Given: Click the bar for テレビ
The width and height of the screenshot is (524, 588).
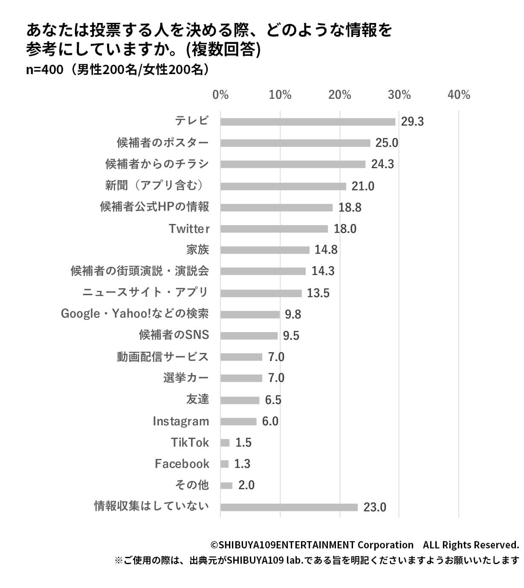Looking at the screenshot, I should pos(308,122).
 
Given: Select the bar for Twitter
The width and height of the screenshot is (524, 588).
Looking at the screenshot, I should pos(274,229).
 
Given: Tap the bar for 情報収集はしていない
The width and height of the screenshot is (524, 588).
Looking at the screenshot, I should pos(289,507).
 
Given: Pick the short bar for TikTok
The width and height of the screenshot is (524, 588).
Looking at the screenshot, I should pos(225,443).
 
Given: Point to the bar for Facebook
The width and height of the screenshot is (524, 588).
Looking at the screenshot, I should pos(225,464).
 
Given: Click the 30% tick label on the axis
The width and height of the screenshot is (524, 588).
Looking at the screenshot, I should pos(399,95).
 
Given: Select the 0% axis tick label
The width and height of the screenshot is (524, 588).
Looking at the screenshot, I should pos(220,95).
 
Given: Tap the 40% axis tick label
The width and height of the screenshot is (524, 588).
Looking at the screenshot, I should pos(459,95).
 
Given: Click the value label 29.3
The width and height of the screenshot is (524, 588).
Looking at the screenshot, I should pos(412,122).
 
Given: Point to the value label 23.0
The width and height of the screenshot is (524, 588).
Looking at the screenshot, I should pos(375,507).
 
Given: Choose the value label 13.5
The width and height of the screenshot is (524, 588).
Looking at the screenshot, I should pos(318,293).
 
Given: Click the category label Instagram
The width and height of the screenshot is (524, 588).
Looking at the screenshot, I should pos(181,422).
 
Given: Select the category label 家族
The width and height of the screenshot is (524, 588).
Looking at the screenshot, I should pos(198,250).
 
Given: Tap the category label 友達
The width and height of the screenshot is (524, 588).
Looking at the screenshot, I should pos(198,399).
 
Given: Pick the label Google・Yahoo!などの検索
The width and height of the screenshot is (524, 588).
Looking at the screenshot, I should pos(135,314).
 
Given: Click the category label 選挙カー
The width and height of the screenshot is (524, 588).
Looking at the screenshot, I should pos(186,378).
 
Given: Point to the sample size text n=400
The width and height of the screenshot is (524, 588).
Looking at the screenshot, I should pos(44,69).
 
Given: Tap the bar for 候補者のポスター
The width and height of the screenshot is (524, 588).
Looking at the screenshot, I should pos(295,143).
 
